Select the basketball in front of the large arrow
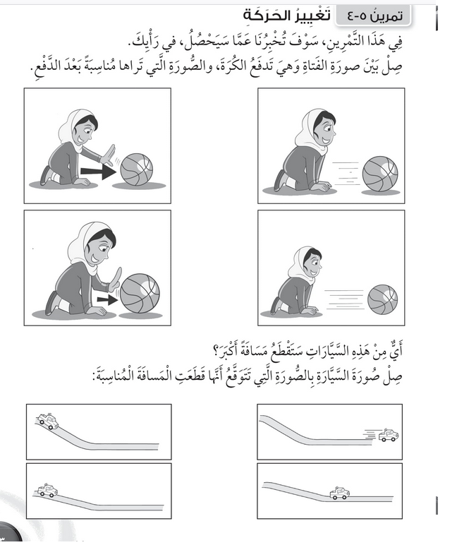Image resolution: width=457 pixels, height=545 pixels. (x=136, y=169)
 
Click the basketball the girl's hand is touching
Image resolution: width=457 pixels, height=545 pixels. (x=140, y=292)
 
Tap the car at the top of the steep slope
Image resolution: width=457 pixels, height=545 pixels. (x=47, y=421)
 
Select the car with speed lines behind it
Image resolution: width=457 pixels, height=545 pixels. (x=388, y=436)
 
